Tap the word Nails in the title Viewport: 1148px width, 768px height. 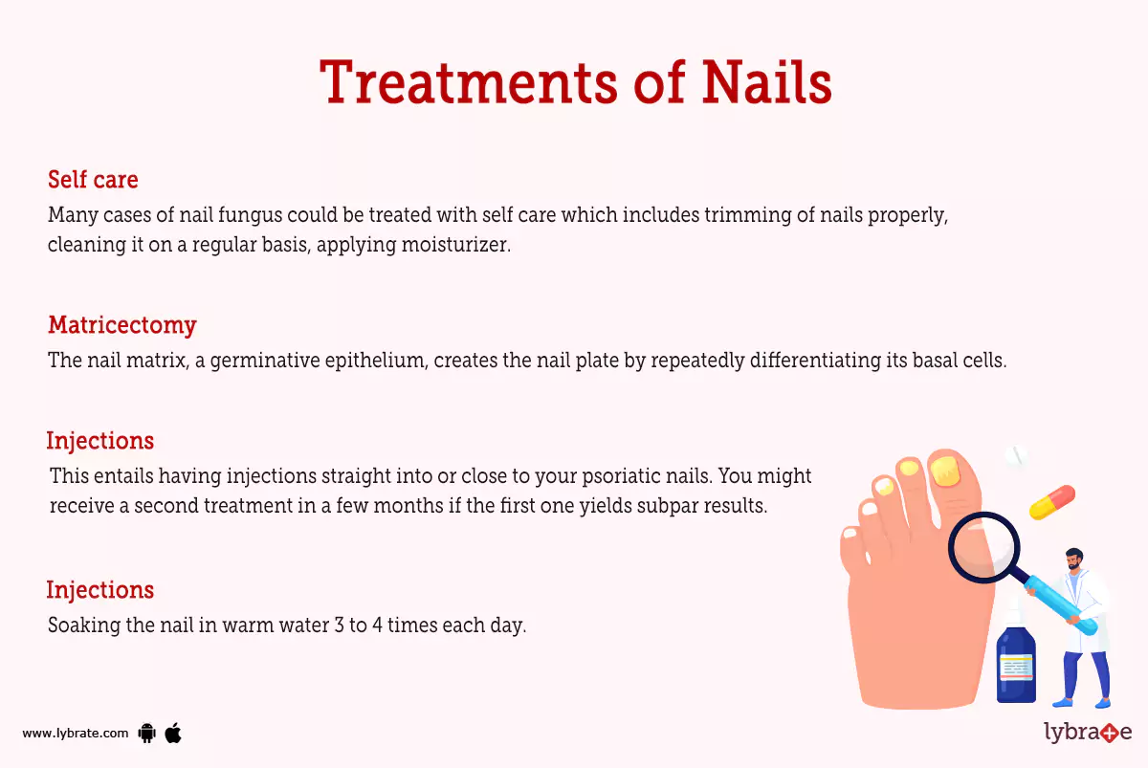point(766,82)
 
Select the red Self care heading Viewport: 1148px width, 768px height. point(93,180)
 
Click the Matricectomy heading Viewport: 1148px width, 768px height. point(121,325)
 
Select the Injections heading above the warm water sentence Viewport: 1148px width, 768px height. point(99,590)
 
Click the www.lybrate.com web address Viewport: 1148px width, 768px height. point(75,734)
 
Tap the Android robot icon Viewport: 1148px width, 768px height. point(146,734)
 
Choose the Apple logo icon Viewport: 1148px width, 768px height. point(173,734)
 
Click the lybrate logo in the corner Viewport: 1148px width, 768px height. point(1088,733)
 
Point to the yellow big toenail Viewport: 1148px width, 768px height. point(944,470)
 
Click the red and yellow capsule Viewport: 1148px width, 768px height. point(1052,502)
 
